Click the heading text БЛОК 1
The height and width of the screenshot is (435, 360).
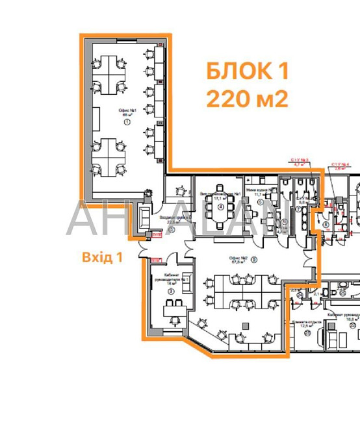click(x=247, y=70)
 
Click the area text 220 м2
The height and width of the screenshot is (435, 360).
click(x=247, y=99)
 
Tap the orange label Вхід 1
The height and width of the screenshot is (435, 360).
click(x=102, y=257)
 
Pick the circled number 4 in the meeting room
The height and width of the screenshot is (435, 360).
click(x=220, y=206)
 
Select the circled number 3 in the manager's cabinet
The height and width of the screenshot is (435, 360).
click(x=170, y=292)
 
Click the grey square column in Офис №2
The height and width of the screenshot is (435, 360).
click(x=245, y=324)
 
